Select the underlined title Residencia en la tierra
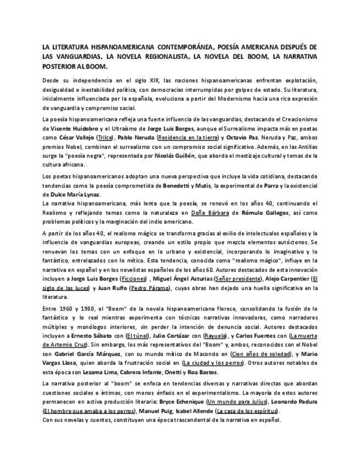187,137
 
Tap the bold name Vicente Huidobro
74,127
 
